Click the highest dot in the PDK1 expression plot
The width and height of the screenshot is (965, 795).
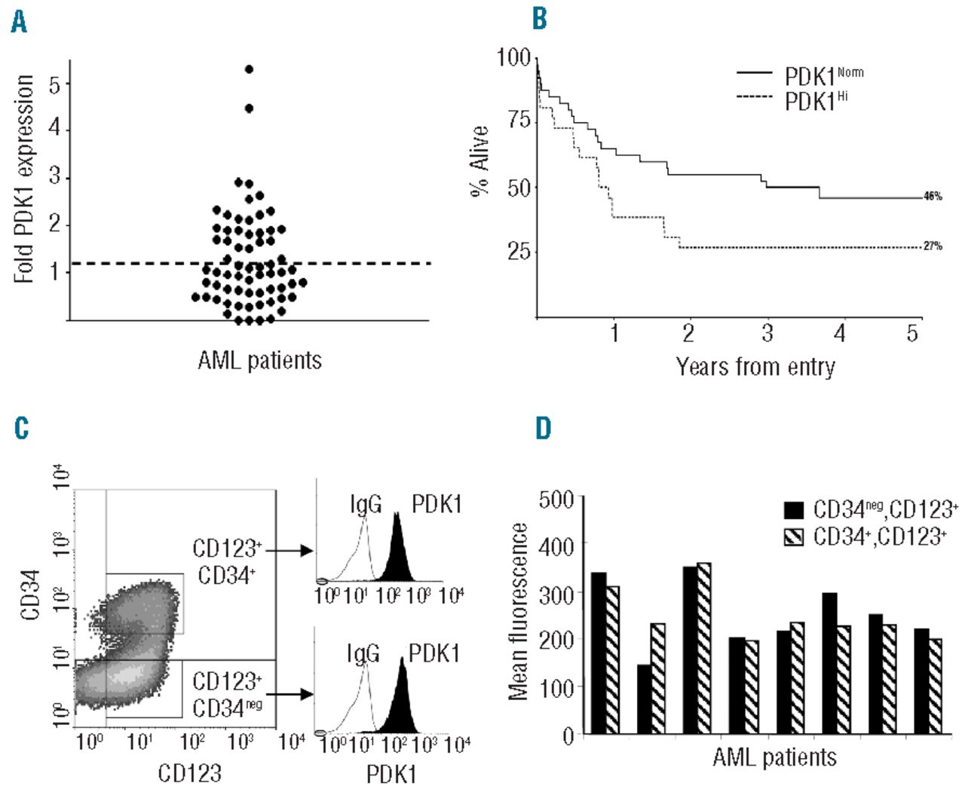tap(249, 69)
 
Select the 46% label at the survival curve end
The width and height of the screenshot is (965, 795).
tap(933, 197)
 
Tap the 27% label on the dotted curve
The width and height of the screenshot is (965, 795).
tap(933, 246)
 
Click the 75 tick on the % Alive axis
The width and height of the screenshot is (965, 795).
tap(519, 121)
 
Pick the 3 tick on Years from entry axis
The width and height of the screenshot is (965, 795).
tap(767, 333)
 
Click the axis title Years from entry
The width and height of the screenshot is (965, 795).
tap(755, 367)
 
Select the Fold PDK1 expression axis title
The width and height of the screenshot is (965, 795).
tap(25, 179)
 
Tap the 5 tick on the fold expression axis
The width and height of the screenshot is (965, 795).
tap(55, 84)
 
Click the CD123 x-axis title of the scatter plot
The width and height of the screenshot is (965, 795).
tap(189, 773)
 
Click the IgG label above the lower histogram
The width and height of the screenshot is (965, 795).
tap(363, 653)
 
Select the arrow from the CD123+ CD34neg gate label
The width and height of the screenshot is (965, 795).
tap(289, 694)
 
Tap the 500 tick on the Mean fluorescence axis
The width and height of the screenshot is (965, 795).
tap(557, 500)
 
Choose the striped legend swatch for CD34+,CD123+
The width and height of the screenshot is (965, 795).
tap(793, 537)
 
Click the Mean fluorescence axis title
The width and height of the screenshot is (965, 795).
tap(518, 612)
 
